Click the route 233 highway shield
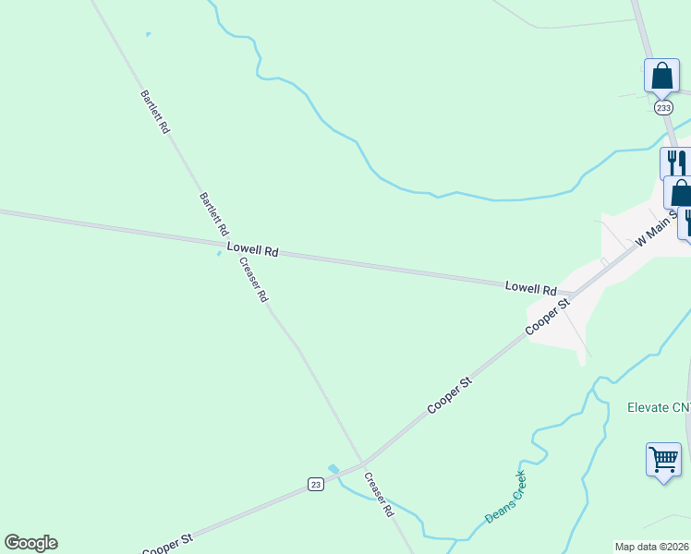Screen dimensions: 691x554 pyautogui.click(x=663, y=108)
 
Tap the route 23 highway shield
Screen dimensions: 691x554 pyautogui.click(x=315, y=485)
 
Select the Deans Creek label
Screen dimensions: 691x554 pyautogui.click(x=505, y=498)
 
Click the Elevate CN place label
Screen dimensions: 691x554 pyautogui.click(x=659, y=407)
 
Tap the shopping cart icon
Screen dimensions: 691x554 pyautogui.click(x=663, y=459)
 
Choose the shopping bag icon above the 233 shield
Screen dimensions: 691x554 pyautogui.click(x=661, y=76)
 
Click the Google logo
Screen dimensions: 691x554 pyautogui.click(x=30, y=543)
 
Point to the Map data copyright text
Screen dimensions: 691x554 pyautogui.click(x=652, y=547)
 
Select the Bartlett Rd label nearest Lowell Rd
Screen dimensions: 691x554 pyautogui.click(x=213, y=214)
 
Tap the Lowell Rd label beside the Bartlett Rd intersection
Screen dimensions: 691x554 pyautogui.click(x=252, y=250)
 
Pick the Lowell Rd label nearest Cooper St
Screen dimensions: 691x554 pyautogui.click(x=530, y=288)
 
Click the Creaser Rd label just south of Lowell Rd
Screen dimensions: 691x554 pyautogui.click(x=253, y=280)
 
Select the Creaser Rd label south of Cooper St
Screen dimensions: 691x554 pyautogui.click(x=379, y=494)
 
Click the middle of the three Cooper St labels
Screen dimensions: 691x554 pyautogui.click(x=449, y=394)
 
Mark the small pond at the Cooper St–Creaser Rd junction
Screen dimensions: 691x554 pyautogui.click(x=333, y=469)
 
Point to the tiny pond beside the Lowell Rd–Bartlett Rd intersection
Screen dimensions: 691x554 pyautogui.click(x=219, y=254)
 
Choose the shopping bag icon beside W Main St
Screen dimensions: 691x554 pyautogui.click(x=681, y=194)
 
